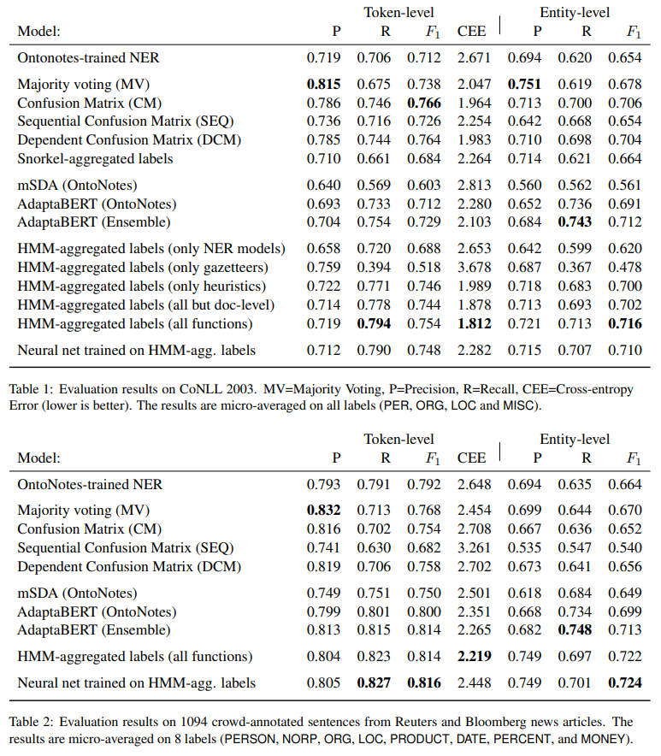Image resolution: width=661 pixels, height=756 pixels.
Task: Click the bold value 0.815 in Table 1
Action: point(324,84)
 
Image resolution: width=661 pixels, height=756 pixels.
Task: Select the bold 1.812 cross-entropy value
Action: point(471,323)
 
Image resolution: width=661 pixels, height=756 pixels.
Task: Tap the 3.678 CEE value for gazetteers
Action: point(471,267)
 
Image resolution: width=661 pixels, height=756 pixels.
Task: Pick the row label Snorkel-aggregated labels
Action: point(95,158)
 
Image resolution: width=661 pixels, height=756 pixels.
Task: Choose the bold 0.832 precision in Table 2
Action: point(324,510)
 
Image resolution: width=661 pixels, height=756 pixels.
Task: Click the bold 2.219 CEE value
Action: point(471,657)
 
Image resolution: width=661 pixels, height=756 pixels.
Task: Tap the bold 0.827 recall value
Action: point(374,682)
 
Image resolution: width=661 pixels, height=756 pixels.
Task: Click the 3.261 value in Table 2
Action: point(471,547)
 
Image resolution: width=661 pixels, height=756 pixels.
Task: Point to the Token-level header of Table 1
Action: point(398,12)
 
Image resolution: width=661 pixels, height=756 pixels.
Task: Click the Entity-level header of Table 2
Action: point(575,439)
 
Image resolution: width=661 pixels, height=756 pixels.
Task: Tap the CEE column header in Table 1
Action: point(471,31)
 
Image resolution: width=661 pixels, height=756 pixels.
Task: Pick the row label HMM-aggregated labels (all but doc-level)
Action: point(146,304)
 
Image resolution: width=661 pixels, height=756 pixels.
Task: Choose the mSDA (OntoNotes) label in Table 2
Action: point(78,593)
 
